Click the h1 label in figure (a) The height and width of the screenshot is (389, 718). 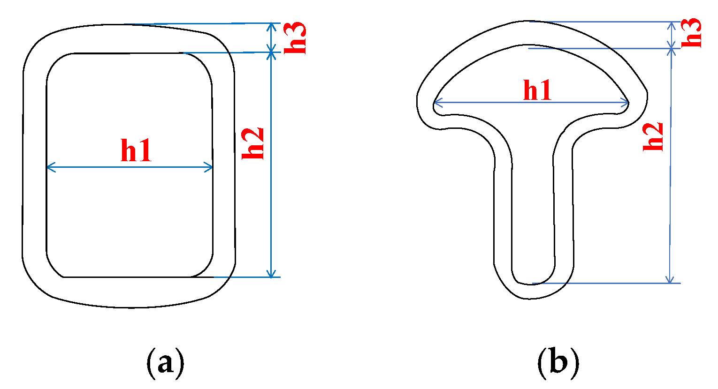tap(136, 151)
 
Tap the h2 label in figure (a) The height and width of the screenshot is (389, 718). tap(253, 143)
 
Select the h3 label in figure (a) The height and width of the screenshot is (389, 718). tap(296, 37)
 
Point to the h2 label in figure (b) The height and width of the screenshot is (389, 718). tap(653, 136)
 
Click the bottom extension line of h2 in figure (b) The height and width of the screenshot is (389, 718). tap(610, 283)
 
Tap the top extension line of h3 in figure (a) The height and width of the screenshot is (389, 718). tap(197, 23)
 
